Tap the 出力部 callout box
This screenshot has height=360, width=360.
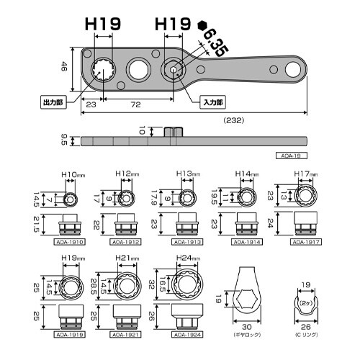[x=55, y=103]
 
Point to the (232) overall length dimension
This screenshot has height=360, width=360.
[x=235, y=120]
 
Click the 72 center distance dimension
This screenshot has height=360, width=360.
[x=135, y=104]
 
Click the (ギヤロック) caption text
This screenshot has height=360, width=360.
[x=248, y=336]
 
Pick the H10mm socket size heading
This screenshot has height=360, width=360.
[x=72, y=174]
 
